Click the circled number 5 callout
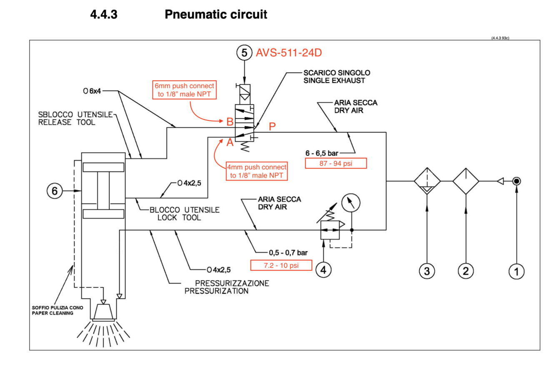tap(245, 53)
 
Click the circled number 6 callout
tap(54, 191)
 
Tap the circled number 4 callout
tap(323, 270)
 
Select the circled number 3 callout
tap(427, 271)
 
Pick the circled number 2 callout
tap(465, 271)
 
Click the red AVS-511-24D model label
tap(289, 53)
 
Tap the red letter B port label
tap(230, 122)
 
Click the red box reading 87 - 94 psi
tap(336, 163)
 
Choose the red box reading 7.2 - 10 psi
tap(281, 265)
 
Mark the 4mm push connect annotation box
tap(257, 172)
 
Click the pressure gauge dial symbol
tap(351, 204)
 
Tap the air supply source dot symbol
tap(517, 181)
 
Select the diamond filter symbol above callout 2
tap(466, 181)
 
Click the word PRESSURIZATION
tap(217, 291)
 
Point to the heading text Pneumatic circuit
tap(216, 15)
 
